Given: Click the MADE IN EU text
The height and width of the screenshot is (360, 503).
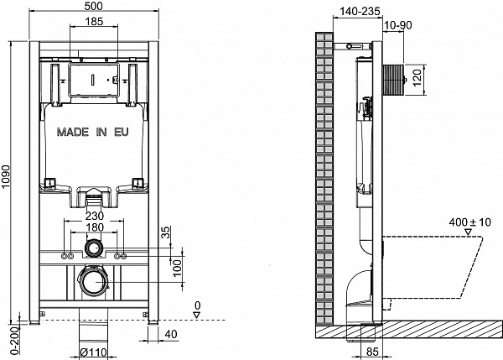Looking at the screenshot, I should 93,132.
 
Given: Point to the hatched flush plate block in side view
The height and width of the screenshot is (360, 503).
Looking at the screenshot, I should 393,81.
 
